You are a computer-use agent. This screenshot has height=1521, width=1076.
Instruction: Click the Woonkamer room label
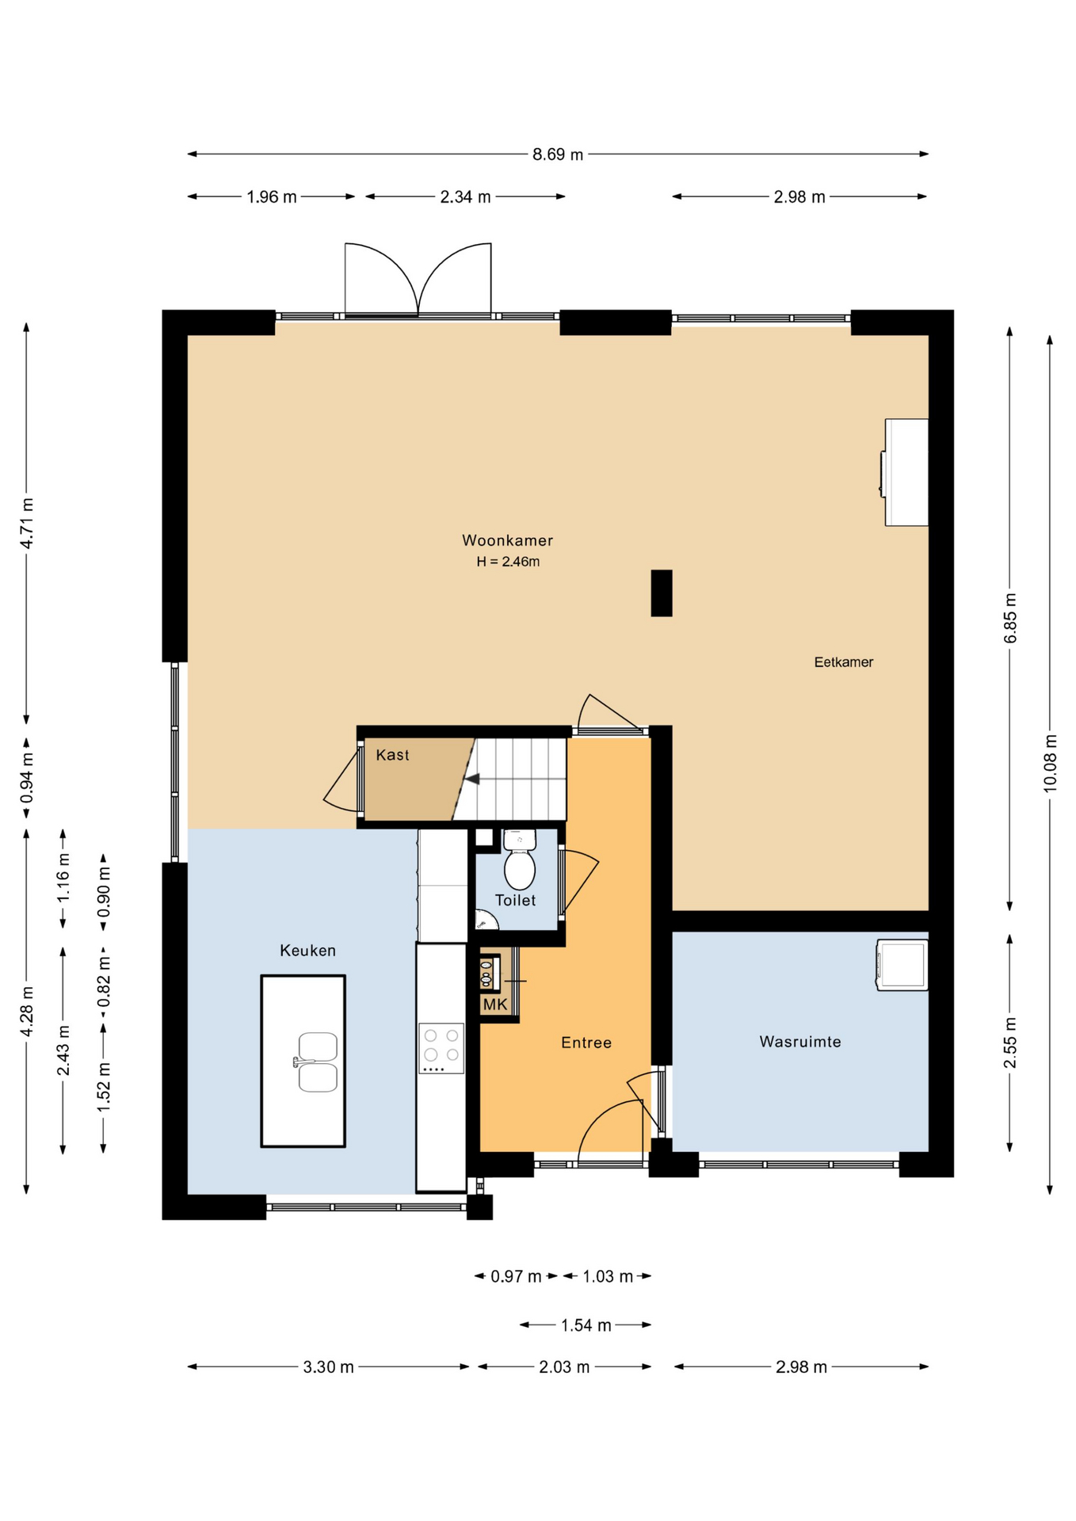[x=507, y=540]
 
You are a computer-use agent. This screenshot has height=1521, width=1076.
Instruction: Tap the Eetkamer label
[x=843, y=661]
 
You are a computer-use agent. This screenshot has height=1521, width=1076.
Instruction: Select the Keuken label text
[x=307, y=950]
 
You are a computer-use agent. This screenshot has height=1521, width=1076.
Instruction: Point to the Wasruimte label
[x=799, y=1042]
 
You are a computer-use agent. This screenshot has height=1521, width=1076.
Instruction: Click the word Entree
[x=586, y=1043]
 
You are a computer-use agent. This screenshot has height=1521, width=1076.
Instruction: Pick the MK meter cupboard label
[x=494, y=1004]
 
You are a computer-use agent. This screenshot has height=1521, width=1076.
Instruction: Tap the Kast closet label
[x=392, y=755]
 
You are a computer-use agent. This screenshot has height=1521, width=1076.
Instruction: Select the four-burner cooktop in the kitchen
[x=441, y=1048]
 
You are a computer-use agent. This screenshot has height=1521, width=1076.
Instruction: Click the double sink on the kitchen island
[x=317, y=1062]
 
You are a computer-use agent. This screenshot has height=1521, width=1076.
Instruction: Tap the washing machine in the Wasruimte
[x=902, y=965]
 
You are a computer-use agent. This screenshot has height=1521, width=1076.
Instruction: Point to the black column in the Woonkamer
[x=662, y=593]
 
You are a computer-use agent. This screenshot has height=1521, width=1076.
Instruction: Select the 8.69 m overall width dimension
[x=558, y=154]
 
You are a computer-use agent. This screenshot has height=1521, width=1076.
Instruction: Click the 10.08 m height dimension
[x=1050, y=763]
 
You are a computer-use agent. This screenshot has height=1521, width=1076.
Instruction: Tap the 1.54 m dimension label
[x=586, y=1325]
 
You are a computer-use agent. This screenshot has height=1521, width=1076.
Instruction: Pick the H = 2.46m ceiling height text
[x=508, y=562]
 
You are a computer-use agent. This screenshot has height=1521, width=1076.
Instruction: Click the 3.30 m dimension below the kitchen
[x=328, y=1367]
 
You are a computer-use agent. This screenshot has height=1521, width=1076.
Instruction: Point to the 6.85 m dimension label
[x=1010, y=618]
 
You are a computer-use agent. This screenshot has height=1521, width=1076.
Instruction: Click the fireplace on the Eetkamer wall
[x=905, y=472]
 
